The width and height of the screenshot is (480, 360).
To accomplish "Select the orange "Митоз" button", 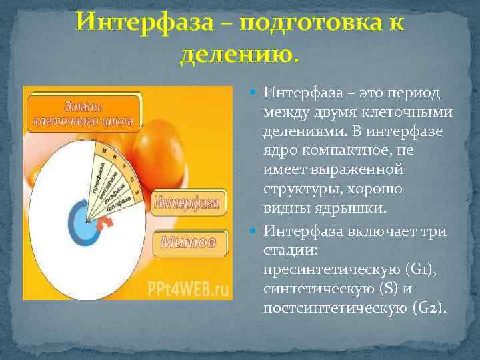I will [189, 243].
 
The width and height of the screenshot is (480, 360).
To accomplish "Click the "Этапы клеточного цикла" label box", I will [84, 113].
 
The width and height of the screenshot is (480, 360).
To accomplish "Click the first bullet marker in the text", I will [256, 93].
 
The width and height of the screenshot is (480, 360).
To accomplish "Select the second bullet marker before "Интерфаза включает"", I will [256, 232].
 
